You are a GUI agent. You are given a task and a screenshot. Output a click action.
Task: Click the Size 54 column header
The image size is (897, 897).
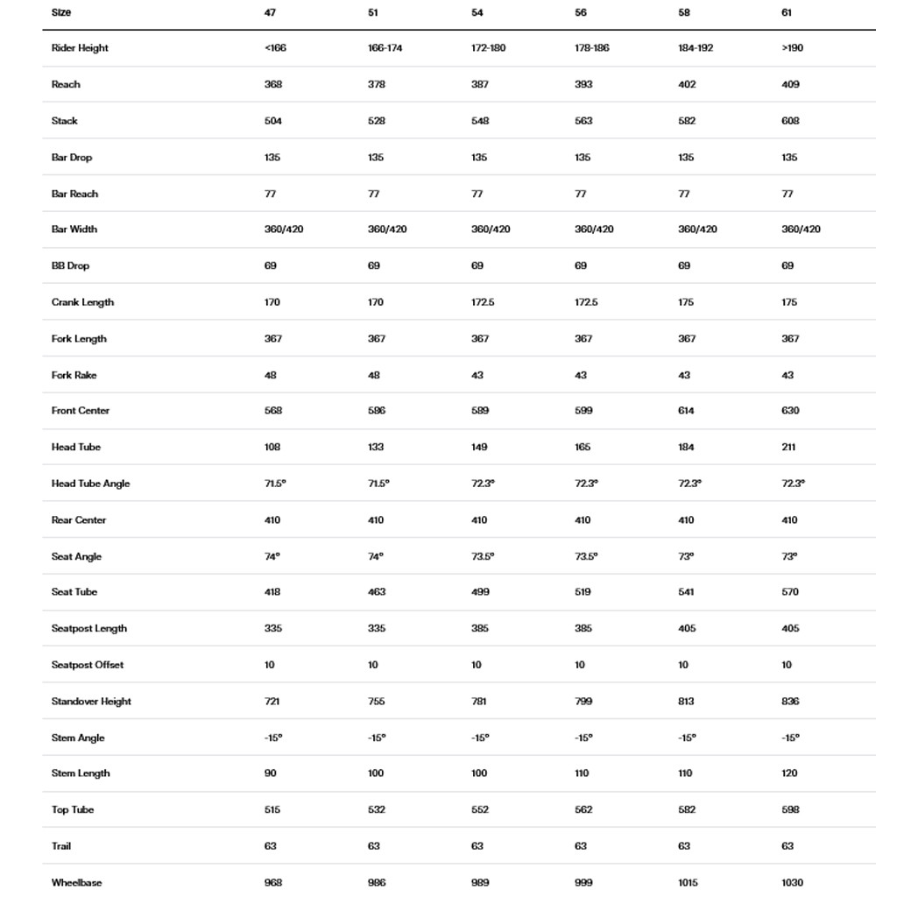click(x=477, y=13)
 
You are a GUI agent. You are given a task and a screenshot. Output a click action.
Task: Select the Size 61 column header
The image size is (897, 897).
click(x=788, y=13)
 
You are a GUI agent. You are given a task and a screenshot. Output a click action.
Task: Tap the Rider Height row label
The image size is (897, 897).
click(x=80, y=48)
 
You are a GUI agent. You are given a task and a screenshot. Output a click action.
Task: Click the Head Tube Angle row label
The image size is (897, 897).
click(x=90, y=484)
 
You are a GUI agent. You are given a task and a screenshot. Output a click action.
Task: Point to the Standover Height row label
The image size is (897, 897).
click(x=91, y=702)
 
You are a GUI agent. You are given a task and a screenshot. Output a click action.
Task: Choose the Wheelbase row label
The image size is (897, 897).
click(x=76, y=882)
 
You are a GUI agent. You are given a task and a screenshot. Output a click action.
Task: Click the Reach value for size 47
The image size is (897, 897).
click(x=273, y=85)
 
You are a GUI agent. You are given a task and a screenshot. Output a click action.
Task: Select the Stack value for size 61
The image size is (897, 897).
click(x=790, y=121)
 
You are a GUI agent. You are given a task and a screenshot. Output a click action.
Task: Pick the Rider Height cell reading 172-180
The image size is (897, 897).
click(x=489, y=48)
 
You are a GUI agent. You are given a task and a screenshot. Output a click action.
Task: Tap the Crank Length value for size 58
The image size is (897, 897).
click(x=686, y=302)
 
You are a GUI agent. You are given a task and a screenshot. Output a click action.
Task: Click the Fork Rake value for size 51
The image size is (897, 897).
click(x=374, y=375)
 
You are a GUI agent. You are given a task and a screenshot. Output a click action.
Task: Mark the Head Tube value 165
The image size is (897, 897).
click(x=583, y=448)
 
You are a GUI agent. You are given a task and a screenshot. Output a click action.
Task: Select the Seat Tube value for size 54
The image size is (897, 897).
click(x=480, y=592)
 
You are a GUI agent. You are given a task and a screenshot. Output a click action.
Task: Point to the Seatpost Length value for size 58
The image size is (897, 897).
click(x=687, y=629)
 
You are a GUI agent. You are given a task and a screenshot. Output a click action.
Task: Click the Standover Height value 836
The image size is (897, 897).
click(x=790, y=702)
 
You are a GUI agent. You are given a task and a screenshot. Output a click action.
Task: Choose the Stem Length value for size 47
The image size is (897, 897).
click(x=271, y=773)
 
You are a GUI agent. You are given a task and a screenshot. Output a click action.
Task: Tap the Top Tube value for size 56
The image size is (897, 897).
click(x=583, y=810)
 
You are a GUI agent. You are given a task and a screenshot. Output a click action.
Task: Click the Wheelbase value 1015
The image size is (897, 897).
click(x=688, y=882)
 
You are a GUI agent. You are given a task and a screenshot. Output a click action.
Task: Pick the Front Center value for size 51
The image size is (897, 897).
click(x=377, y=411)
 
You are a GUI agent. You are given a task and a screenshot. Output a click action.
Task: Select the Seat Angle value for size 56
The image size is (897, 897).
click(x=586, y=556)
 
